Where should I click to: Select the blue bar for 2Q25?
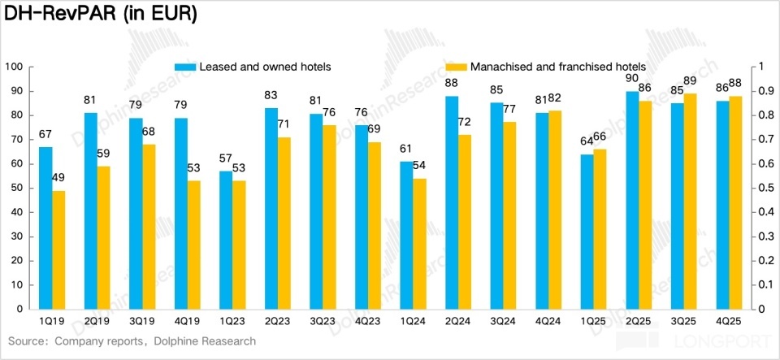(x=631, y=200)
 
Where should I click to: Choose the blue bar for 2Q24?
(x=452, y=202)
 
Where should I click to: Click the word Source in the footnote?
(x=28, y=341)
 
